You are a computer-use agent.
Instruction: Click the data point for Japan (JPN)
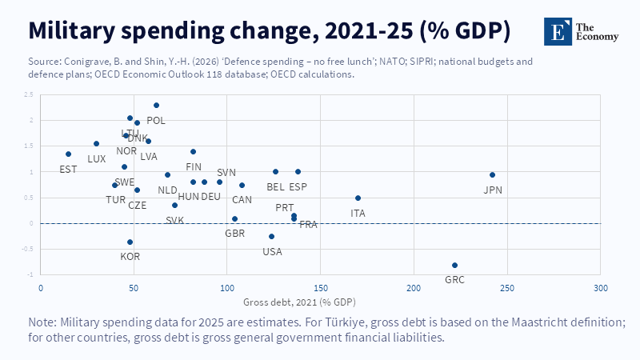[492, 174]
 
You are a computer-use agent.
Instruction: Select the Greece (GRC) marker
[454, 265]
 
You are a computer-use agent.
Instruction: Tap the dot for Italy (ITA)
[358, 198]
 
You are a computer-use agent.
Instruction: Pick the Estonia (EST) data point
[68, 154]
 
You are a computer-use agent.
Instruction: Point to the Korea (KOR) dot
[130, 242]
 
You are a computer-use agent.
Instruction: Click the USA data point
[271, 236]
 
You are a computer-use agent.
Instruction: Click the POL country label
[156, 120]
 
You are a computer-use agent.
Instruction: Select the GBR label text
[235, 234]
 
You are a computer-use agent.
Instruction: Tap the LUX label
[97, 158]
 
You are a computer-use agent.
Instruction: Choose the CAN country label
[242, 199]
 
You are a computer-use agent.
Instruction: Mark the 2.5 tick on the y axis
[29, 95]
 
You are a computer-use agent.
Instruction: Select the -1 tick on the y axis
[30, 274]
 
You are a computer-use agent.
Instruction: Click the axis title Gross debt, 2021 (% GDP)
[299, 302]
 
